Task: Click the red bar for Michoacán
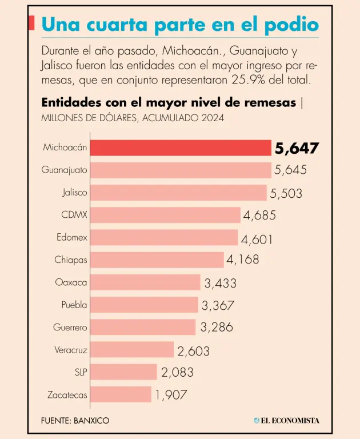(x=181, y=148)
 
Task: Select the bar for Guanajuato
(x=181, y=170)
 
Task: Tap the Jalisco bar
(x=178, y=193)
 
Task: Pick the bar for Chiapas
(x=157, y=260)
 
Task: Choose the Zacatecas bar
(x=121, y=394)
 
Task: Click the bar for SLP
(x=123, y=372)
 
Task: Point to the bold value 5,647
(x=296, y=149)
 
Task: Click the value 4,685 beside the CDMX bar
(x=259, y=215)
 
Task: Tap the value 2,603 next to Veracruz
(x=193, y=350)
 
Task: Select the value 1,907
(x=171, y=395)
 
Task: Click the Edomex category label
(x=72, y=237)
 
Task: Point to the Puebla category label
(x=74, y=305)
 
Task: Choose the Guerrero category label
(x=70, y=328)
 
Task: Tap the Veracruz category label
(x=71, y=350)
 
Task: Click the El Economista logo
(x=287, y=421)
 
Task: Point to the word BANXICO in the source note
(x=91, y=421)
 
